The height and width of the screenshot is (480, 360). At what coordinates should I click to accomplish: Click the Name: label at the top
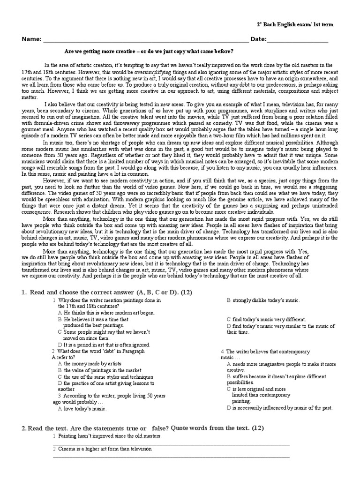(x=31, y=39)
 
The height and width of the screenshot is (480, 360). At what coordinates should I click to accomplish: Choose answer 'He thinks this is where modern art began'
(x=109, y=312)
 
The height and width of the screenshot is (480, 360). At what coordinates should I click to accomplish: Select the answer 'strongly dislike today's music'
(x=266, y=300)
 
